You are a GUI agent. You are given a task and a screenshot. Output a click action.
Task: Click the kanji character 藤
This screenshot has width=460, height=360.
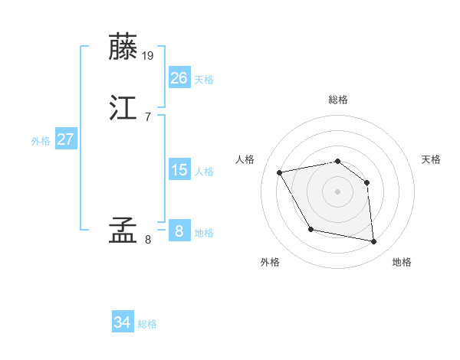124,47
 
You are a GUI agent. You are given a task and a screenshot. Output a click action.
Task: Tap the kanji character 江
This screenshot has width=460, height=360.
124,109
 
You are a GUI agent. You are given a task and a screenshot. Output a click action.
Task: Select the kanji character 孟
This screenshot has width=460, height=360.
124,231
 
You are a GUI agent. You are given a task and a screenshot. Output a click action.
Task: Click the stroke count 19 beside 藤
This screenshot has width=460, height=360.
148,55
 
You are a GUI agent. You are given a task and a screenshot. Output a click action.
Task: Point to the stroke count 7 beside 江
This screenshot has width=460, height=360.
147,116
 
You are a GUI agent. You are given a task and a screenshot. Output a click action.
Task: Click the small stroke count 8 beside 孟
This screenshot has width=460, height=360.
147,239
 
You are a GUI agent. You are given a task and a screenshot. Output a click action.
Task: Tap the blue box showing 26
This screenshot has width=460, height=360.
179,78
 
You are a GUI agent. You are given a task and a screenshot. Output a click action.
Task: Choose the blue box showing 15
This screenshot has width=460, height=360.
179,170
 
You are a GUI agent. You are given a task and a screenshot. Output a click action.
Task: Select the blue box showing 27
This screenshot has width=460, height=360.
65,139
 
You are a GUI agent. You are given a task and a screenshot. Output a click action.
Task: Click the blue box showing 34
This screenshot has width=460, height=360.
122,323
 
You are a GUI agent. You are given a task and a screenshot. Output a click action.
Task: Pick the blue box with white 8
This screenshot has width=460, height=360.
179,231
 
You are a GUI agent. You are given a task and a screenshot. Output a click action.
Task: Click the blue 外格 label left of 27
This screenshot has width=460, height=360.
41,141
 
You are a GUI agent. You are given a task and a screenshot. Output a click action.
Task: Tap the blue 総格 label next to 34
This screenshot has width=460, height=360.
147,324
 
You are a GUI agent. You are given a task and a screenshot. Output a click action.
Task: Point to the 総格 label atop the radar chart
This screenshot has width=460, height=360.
337,100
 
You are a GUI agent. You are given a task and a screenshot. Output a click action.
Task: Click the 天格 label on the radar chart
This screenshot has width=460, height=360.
431,159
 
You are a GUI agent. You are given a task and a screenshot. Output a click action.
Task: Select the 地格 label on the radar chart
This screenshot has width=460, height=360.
402,262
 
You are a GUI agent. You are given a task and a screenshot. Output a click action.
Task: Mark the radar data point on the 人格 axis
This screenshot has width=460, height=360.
280,172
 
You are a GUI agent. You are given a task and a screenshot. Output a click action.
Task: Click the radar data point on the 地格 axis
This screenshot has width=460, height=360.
373,242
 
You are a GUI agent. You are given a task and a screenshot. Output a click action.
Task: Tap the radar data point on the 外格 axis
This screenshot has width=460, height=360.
310,229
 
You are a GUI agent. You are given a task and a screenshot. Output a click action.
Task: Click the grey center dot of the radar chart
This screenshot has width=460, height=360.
337,191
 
